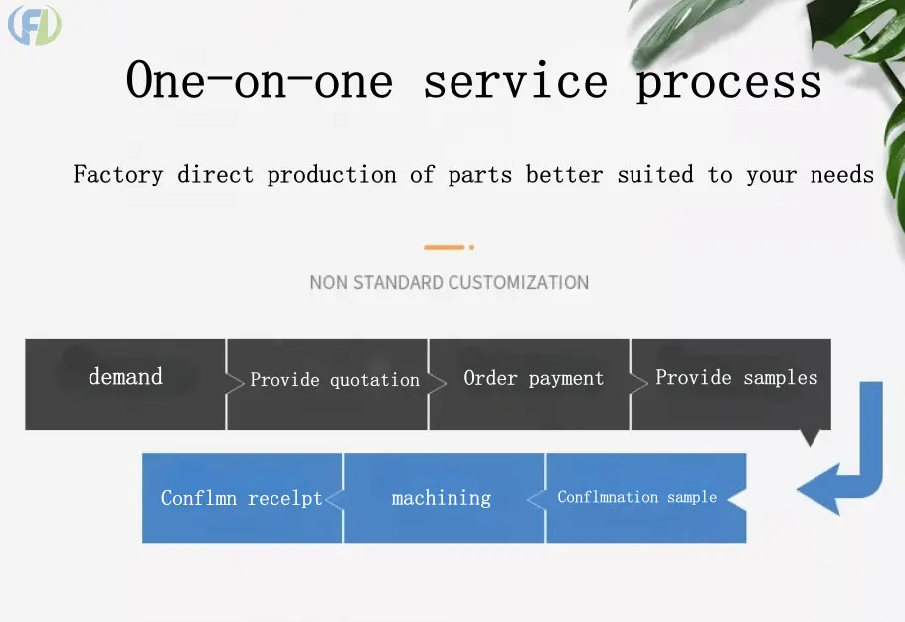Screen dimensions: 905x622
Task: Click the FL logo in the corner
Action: [35, 25]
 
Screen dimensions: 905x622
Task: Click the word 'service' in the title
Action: [515, 81]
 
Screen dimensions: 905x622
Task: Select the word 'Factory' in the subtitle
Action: [117, 174]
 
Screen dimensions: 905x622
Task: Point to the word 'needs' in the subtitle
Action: [842, 174]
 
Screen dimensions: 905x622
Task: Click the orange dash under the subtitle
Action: [444, 247]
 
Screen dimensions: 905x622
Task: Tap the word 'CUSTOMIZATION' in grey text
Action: [518, 282]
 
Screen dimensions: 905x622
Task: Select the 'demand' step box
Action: [125, 384]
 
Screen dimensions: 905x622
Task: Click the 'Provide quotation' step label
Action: [335, 379]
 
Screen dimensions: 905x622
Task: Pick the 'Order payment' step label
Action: [534, 378]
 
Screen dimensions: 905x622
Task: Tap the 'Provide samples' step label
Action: [737, 378]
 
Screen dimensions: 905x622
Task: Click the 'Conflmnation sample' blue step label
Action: [637, 497]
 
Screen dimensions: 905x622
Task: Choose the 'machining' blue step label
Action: [442, 498]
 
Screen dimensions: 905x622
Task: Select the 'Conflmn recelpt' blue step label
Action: [242, 498]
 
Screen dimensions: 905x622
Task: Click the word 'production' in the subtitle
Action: [331, 175]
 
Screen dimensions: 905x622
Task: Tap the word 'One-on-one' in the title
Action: [260, 80]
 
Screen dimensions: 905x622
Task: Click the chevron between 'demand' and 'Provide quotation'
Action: [235, 383]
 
